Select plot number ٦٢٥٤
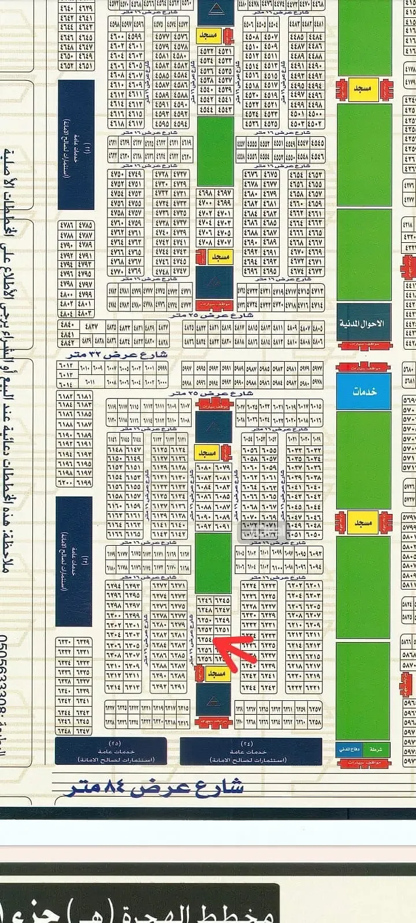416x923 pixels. pos(205,640)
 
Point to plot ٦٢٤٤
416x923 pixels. pos(251,687)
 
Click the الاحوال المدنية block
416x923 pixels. pos(364,324)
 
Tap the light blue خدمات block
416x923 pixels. pos(364,391)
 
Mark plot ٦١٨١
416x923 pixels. pos(84,396)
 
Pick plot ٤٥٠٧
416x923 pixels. pos(270,36)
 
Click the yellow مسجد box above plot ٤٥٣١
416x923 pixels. pos(208,35)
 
